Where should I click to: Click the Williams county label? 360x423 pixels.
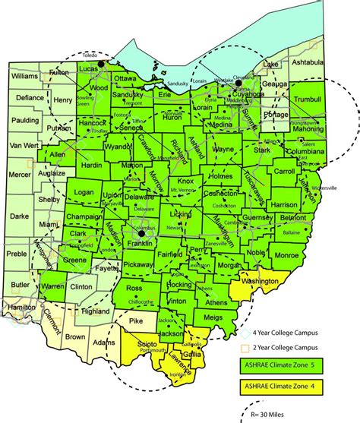coord(24,77)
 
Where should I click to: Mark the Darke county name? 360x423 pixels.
coord(21,215)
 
